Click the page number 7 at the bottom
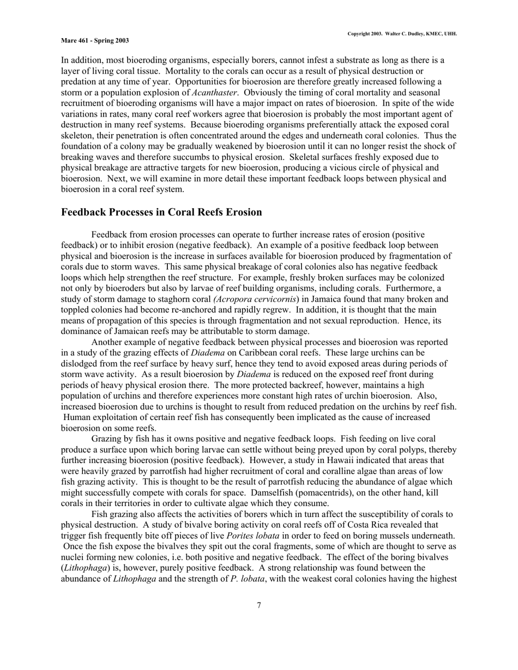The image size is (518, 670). click(x=259, y=605)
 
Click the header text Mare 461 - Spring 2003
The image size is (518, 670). click(x=95, y=40)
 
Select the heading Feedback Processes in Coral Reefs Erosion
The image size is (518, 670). click(x=161, y=212)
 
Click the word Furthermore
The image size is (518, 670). click(x=404, y=288)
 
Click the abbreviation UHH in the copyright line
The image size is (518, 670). click(x=450, y=34)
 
